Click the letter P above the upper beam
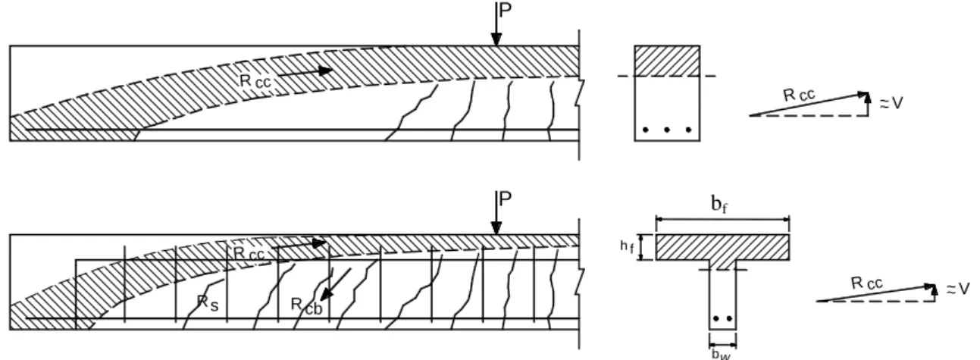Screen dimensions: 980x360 click(505, 10)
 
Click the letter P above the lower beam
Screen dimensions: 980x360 click(505, 199)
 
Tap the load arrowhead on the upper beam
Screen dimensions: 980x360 click(496, 39)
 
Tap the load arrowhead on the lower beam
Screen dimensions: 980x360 click(496, 228)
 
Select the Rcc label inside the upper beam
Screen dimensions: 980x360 click(255, 81)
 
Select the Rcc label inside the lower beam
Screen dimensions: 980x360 click(249, 253)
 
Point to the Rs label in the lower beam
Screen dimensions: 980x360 click(208, 303)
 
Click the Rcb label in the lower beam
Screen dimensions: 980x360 click(307, 306)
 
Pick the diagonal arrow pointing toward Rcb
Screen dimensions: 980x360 click(336, 284)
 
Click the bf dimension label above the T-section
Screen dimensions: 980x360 click(719, 204)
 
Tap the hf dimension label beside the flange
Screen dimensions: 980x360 click(627, 247)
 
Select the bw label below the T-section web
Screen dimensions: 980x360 click(721, 354)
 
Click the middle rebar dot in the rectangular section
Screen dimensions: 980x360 click(667, 130)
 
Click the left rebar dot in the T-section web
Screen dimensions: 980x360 click(715, 318)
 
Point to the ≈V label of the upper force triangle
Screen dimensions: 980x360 click(891, 103)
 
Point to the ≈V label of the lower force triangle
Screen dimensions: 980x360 click(958, 289)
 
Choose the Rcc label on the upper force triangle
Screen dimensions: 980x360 click(799, 95)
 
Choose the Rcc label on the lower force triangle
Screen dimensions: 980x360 click(866, 283)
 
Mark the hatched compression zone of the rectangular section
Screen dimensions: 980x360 click(667, 61)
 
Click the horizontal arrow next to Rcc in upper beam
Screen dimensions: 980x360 click(305, 73)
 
